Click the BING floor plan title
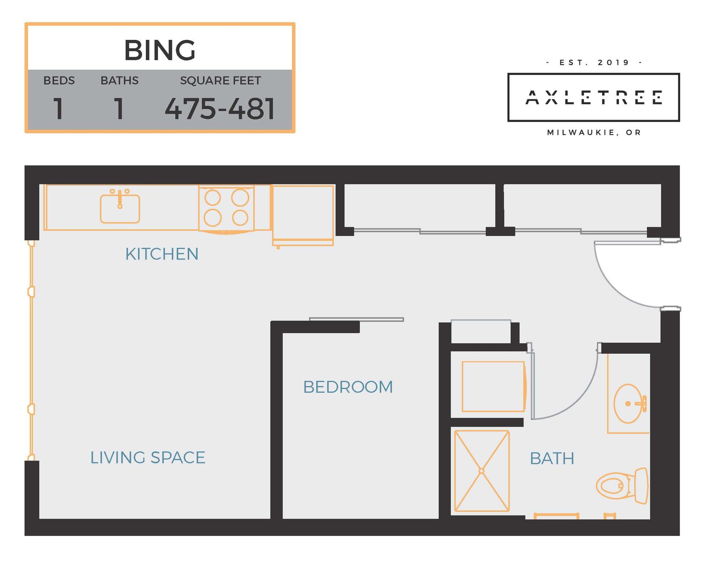tap(160, 50)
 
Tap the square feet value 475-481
tap(220, 109)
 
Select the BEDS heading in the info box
tap(59, 80)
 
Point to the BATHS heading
tap(120, 80)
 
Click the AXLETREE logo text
tap(594, 97)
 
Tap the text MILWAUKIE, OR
tap(594, 132)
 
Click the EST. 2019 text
tap(594, 62)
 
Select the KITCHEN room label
tap(162, 254)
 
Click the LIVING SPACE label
tap(148, 458)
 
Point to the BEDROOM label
tap(348, 387)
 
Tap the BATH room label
tap(552, 459)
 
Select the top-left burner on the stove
tap(212, 198)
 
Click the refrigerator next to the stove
tap(303, 215)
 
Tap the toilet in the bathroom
tap(622, 486)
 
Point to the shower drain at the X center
tap(481, 471)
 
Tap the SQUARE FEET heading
tap(220, 80)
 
